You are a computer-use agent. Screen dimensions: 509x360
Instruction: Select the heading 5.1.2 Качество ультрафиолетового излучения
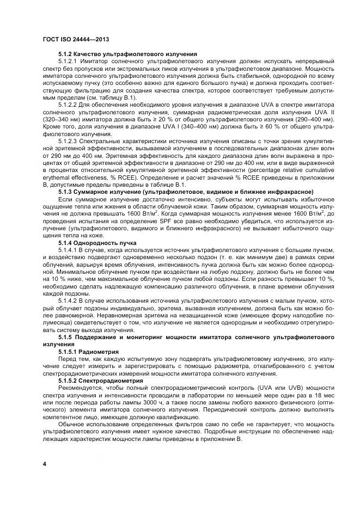tap(127, 55)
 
